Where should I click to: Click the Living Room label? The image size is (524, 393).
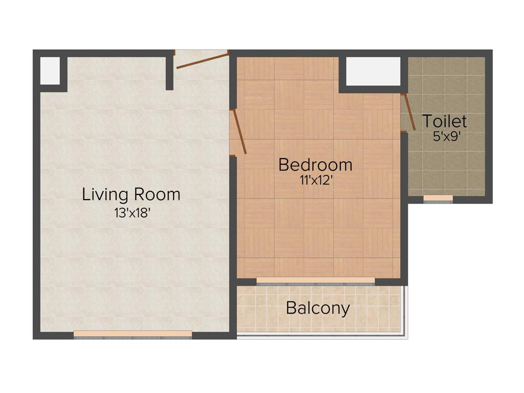click(131, 194)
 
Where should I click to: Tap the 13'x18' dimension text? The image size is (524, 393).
click(132, 213)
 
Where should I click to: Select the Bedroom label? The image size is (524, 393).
click(315, 165)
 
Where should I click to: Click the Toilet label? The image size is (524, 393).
click(444, 121)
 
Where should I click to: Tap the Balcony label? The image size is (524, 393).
click(318, 308)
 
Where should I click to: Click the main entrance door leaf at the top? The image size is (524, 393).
click(202, 59)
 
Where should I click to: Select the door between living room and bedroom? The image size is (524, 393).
click(239, 132)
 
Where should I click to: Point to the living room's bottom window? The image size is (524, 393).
click(133, 335)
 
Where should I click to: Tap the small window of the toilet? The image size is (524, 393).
click(438, 199)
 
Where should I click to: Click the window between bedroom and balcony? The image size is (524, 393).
click(316, 281)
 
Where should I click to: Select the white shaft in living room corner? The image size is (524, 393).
click(50, 71)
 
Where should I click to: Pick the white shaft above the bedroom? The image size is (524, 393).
click(373, 71)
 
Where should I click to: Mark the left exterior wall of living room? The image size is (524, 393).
click(36, 205)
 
